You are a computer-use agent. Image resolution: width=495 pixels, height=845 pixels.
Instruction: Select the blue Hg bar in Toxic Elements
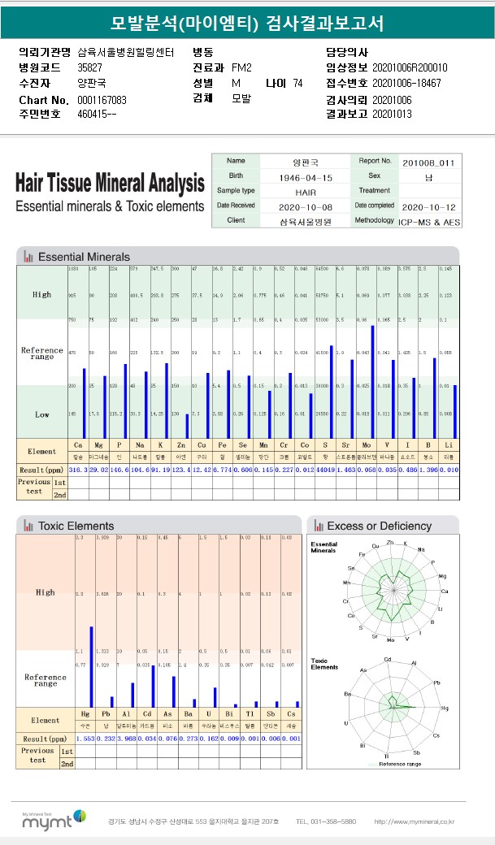pyautogui.click(x=91, y=666)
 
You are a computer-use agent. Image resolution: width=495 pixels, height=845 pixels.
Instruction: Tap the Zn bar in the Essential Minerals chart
pyautogui.click(x=188, y=426)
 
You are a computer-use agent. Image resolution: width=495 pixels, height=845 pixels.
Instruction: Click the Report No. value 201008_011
pyautogui.click(x=428, y=162)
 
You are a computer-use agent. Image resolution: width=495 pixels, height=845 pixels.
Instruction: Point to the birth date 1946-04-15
pyautogui.click(x=302, y=176)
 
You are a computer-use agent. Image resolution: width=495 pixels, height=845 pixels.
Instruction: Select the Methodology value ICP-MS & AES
pyautogui.click(x=428, y=220)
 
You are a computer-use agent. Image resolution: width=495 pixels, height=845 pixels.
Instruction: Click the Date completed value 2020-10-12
pyautogui.click(x=428, y=206)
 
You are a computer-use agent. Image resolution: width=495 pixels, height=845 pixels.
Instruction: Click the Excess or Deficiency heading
pyautogui.click(x=379, y=526)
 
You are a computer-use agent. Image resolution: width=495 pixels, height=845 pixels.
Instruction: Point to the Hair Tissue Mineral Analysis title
pyautogui.click(x=110, y=183)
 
